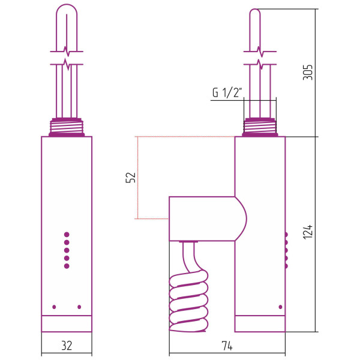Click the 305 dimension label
(308, 73)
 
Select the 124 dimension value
(308, 232)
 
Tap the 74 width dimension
(227, 346)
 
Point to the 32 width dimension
(67, 346)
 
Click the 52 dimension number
(130, 177)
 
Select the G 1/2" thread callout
(227, 92)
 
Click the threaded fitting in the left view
(67, 127)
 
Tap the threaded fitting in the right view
(260, 127)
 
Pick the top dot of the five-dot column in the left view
(67, 235)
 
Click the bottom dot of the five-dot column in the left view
(67, 266)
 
